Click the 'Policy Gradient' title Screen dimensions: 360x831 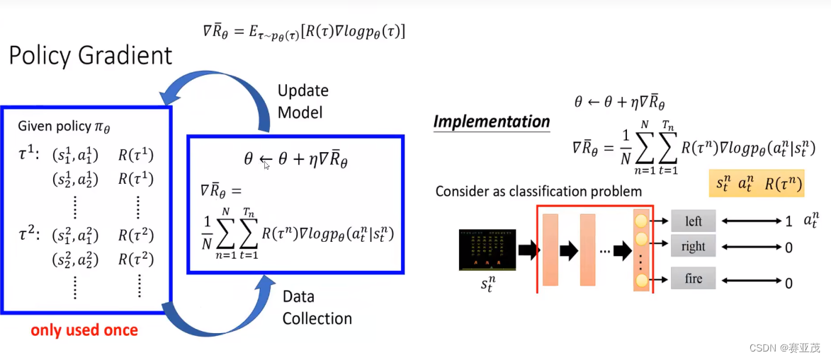click(91, 55)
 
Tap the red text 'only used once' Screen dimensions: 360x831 click(84, 330)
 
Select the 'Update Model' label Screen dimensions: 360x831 click(303, 101)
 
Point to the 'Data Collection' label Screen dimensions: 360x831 click(317, 308)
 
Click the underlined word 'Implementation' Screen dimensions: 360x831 click(492, 122)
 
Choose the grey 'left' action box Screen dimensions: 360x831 click(694, 221)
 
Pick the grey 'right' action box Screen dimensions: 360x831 click(694, 246)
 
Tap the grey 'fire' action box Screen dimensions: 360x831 click(694, 279)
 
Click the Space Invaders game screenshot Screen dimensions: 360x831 click(487, 250)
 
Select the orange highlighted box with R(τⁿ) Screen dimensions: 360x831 click(759, 183)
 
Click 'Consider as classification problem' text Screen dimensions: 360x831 click(539, 191)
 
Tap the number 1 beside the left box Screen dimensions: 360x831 click(788, 221)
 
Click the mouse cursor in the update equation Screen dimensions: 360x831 click(266, 164)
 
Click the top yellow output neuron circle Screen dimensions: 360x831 click(643, 221)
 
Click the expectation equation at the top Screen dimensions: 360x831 click(304, 31)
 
